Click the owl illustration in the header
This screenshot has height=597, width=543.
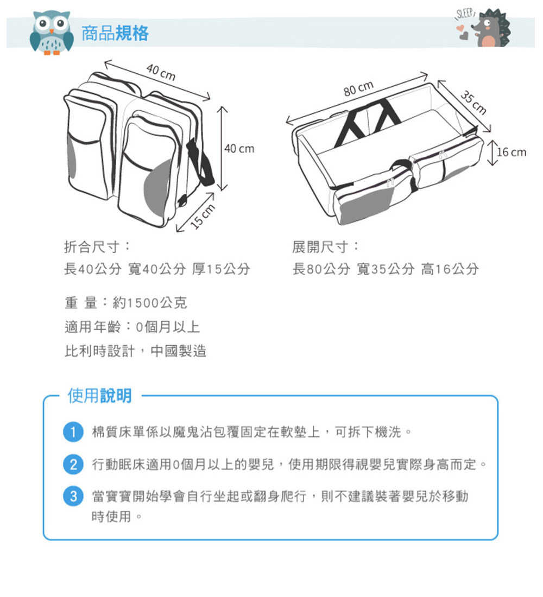(x=52, y=33)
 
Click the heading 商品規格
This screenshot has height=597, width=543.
(x=115, y=33)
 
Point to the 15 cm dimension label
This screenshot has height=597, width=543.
(x=203, y=216)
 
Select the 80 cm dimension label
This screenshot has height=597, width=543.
(x=358, y=88)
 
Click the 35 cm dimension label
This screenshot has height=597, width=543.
(x=473, y=103)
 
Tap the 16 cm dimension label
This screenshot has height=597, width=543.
(x=512, y=153)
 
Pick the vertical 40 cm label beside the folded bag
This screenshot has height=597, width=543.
(x=239, y=149)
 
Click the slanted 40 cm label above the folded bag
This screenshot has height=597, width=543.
(x=161, y=72)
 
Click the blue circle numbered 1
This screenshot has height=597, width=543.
(x=73, y=432)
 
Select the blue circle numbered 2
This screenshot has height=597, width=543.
(x=73, y=464)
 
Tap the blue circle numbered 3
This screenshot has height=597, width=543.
(x=73, y=496)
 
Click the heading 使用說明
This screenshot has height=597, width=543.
(x=100, y=396)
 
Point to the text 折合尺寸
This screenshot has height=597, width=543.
(x=92, y=247)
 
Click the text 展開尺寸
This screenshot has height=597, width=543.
(x=320, y=247)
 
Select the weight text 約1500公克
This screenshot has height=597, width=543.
(x=150, y=303)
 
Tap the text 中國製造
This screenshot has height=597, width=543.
(x=178, y=351)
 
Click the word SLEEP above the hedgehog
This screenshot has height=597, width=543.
(x=465, y=15)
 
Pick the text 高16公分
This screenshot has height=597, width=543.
(x=450, y=269)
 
